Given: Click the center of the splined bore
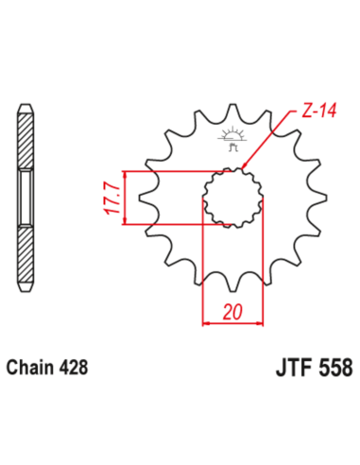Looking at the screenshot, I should point(230,198).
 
